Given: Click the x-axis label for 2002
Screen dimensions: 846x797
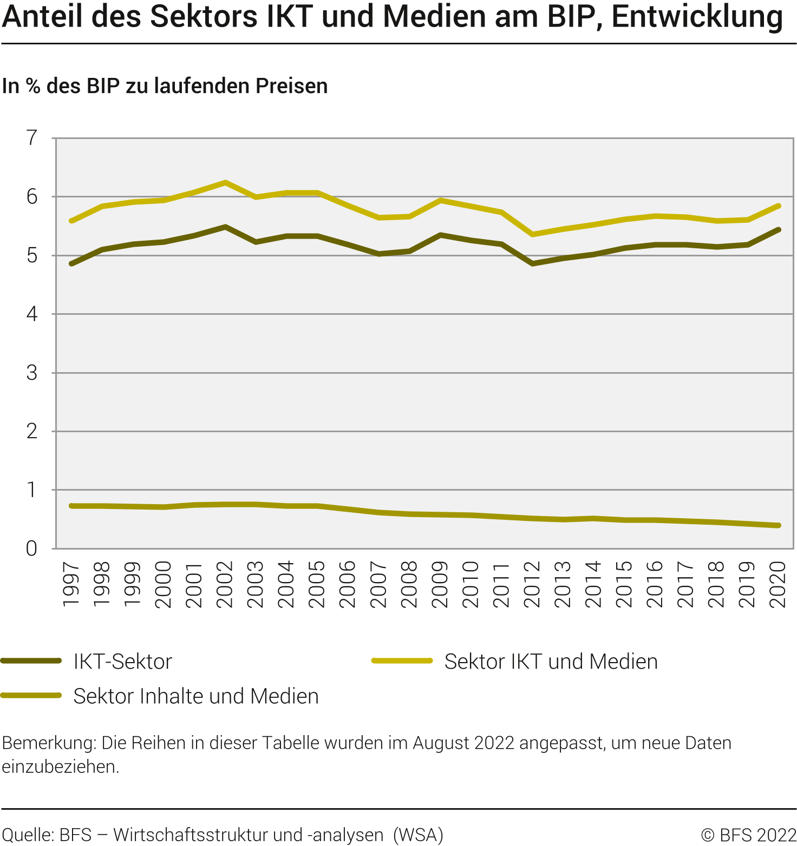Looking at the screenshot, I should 225,584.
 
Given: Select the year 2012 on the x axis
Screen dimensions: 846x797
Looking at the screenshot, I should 532,584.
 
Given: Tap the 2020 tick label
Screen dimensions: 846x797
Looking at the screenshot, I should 778,584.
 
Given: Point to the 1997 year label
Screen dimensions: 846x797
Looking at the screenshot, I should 71,584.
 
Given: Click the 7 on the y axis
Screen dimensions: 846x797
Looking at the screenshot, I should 32,138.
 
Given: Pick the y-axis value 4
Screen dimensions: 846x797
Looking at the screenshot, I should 32,314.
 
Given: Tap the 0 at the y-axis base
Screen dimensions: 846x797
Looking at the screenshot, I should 32,548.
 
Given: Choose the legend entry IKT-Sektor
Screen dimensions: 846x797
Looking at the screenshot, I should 122,662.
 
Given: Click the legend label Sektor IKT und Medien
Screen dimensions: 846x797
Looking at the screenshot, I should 551,662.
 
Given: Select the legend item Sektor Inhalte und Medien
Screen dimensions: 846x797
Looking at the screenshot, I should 196,696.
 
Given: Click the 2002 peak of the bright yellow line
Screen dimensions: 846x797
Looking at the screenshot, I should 225,182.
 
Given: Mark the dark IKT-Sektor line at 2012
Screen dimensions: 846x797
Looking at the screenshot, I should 533,263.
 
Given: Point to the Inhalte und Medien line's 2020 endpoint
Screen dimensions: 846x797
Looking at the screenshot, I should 778,525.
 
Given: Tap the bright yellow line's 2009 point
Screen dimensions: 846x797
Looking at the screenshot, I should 441,200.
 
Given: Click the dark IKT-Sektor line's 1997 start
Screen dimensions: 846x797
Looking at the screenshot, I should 71,263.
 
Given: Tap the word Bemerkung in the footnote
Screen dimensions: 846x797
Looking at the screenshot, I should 49,743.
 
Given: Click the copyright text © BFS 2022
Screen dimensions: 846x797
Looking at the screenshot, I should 748,835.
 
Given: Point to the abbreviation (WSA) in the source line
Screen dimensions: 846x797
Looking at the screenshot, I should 418,835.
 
